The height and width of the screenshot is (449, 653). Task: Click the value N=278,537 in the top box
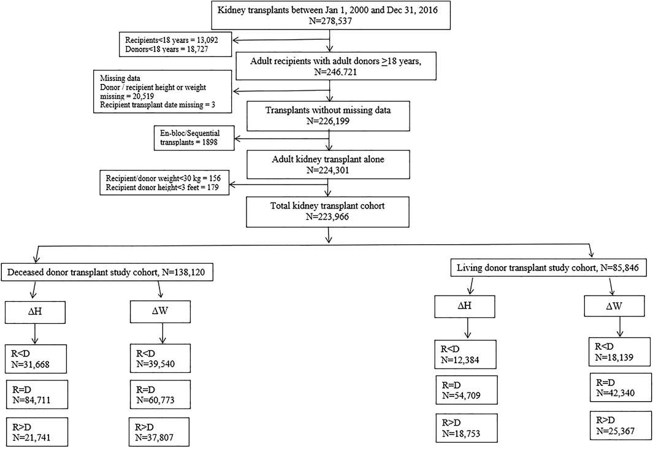click(328, 20)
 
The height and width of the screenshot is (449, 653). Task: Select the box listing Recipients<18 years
click(175, 44)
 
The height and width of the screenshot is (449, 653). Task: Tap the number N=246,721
click(335, 72)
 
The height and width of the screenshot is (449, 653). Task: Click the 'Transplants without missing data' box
click(328, 115)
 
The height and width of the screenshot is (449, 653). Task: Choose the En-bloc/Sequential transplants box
click(194, 138)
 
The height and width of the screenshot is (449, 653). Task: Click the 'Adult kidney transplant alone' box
click(328, 164)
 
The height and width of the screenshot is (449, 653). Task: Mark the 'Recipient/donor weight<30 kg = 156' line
click(163, 178)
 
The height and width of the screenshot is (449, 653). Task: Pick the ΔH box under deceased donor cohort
click(35, 311)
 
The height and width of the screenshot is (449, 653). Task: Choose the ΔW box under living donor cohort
click(614, 306)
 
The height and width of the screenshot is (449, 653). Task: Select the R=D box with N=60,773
click(160, 394)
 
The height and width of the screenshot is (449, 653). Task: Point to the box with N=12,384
click(465, 355)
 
